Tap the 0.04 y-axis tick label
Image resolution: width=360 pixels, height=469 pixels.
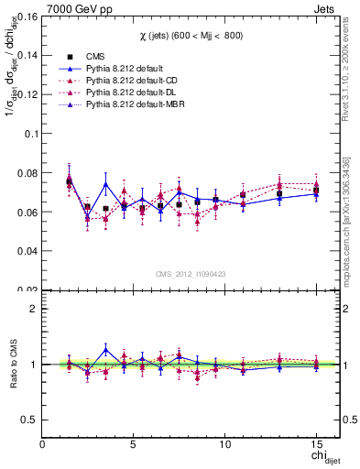[27, 250]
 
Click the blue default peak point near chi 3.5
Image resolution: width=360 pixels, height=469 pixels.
[105, 184]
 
